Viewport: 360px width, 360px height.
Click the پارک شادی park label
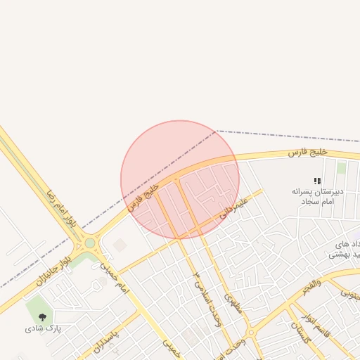pos(44,328)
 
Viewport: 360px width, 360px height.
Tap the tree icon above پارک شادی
pos(43,317)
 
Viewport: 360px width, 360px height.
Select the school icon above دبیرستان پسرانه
pos(317,181)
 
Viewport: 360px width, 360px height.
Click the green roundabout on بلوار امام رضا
pos(90,244)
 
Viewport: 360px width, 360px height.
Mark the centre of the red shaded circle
pos(180,180)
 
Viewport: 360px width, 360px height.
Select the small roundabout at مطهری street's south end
pos(250,333)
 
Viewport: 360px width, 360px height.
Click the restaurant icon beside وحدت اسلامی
pos(198,274)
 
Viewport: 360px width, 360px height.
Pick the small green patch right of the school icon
pos(341,168)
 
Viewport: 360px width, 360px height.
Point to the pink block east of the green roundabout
pos(120,245)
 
